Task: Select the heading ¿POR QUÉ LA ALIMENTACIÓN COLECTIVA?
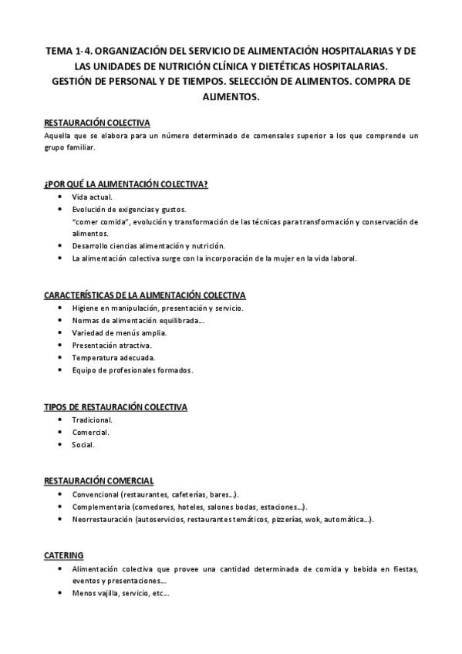coord(126,184)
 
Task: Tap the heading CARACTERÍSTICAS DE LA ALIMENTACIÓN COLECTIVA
coord(145,295)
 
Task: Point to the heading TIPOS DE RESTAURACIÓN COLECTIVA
coord(116,406)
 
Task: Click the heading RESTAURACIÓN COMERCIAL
coord(99,480)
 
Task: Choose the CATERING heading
coord(64,555)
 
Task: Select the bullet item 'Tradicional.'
coord(92,420)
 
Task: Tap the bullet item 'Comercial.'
coord(92,432)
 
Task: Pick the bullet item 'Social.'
coord(84,445)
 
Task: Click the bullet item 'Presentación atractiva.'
coord(111,346)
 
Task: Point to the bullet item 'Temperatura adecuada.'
coord(113,358)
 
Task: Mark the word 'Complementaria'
coord(100,507)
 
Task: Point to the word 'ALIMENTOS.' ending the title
coord(231,98)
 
